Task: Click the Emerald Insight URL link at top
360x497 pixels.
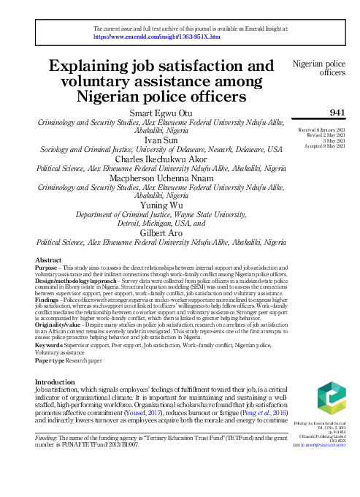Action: click(158, 35)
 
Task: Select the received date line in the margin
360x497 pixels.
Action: click(323, 129)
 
